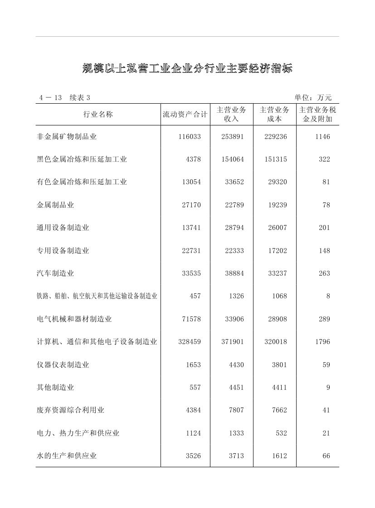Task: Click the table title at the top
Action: tap(187, 68)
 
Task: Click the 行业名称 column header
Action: tap(98, 114)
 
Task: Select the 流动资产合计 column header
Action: tap(185, 114)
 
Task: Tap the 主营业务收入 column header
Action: tap(231, 114)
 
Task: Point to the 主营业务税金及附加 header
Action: tap(317, 114)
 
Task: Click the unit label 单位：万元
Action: tap(313, 97)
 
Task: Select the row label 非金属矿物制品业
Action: tap(67, 136)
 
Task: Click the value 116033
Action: tap(190, 136)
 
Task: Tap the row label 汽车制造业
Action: tap(55, 273)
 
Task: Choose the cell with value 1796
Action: tap(322, 342)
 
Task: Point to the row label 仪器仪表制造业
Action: tap(63, 364)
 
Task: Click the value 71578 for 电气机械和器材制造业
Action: tap(191, 319)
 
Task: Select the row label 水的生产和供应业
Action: tap(67, 455)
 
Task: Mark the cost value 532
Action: tap(281, 433)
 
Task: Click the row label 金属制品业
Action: tap(55, 205)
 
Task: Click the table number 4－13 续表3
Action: tap(65, 97)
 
